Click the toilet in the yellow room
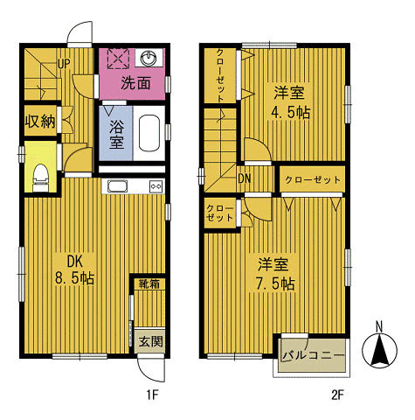41,178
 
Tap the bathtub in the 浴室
149,133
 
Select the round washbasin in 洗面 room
149,59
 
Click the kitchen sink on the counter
117,186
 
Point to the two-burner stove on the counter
156,186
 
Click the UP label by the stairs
64,64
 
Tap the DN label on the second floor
245,178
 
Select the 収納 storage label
40,121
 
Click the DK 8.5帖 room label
75,269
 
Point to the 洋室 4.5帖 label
290,102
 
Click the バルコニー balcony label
313,355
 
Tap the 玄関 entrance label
150,341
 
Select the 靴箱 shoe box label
149,283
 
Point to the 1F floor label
152,395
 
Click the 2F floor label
338,395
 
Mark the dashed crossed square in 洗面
118,59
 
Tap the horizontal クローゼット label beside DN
313,179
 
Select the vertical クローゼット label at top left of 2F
220,76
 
